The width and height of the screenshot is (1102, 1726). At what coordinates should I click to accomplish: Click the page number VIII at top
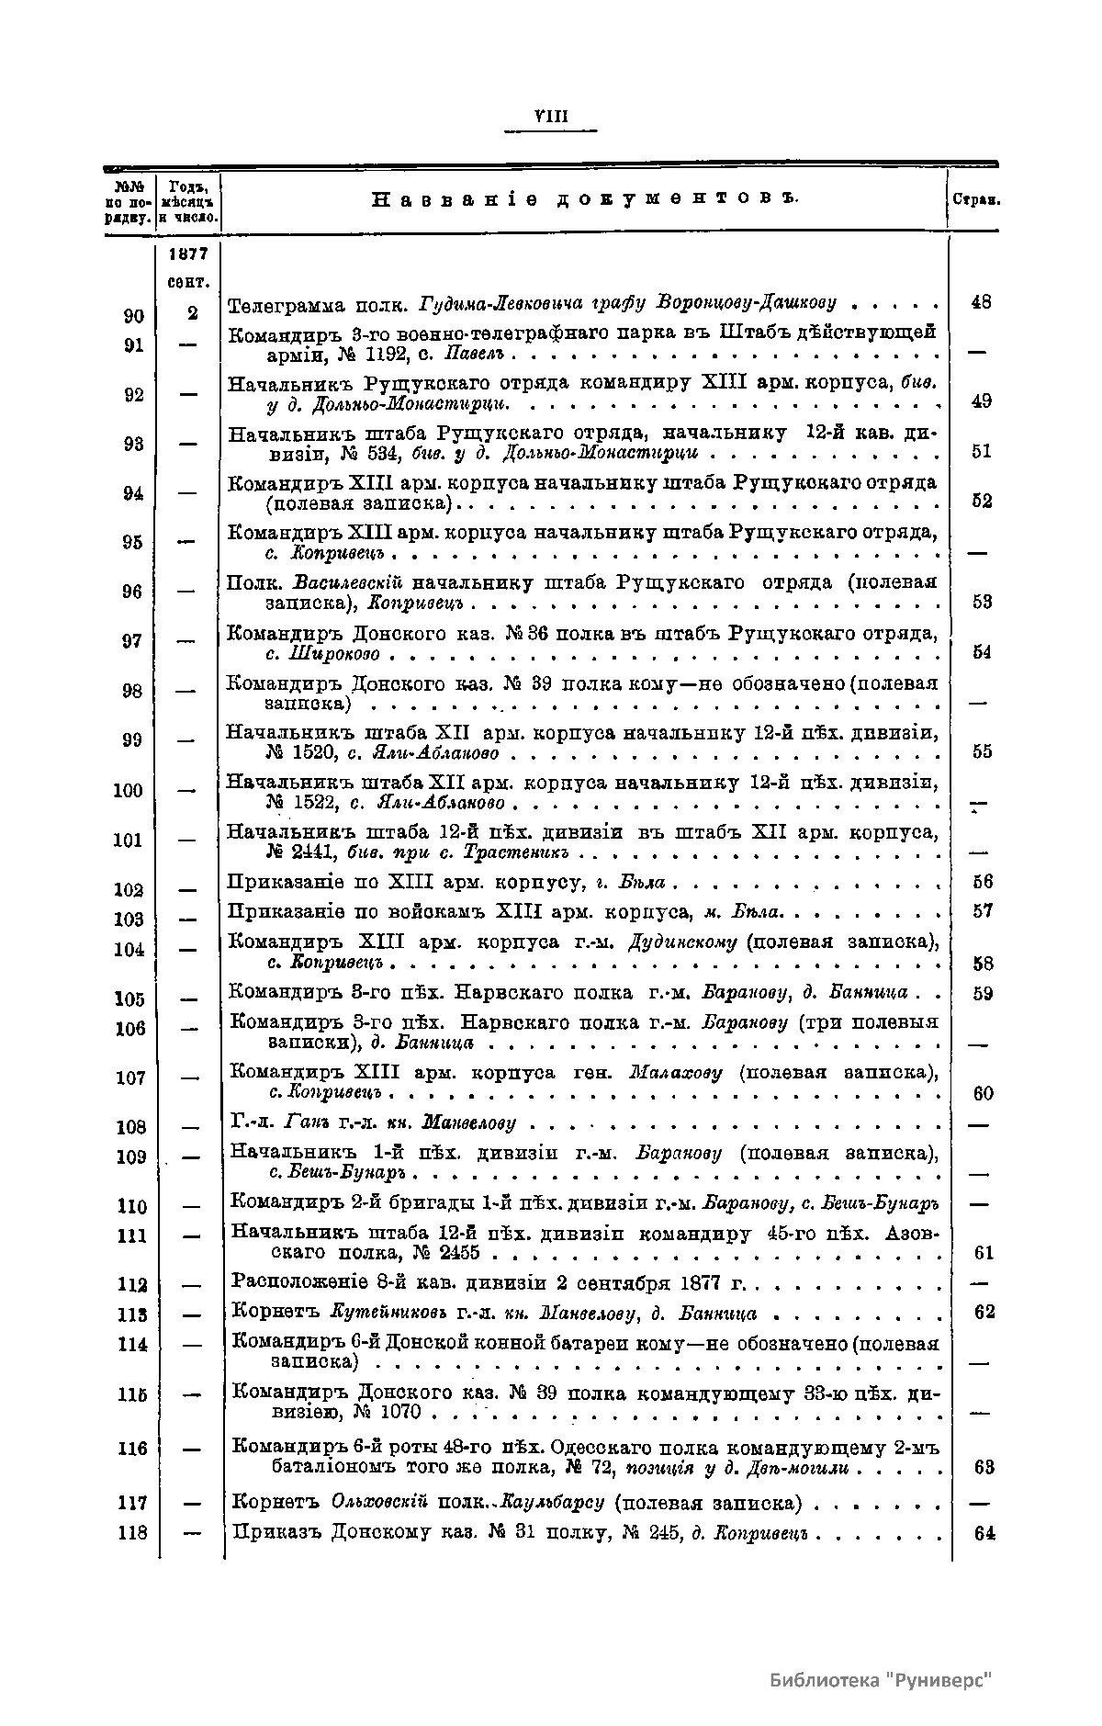pyautogui.click(x=551, y=117)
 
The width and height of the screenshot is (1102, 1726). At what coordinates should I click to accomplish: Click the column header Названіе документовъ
pyautogui.click(x=585, y=198)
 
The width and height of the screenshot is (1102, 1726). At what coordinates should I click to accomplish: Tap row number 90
pyautogui.click(x=134, y=316)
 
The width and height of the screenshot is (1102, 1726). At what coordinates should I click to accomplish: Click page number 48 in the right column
pyautogui.click(x=981, y=301)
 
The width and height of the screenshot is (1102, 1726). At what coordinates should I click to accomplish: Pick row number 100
pyautogui.click(x=128, y=791)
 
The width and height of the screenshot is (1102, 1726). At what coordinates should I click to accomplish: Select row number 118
pyautogui.click(x=133, y=1532)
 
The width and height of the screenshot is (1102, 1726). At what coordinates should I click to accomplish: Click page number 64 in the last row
pyautogui.click(x=984, y=1533)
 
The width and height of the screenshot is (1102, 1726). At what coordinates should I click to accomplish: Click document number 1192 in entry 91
pyautogui.click(x=381, y=354)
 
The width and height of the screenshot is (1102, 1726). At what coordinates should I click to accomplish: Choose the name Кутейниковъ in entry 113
pyautogui.click(x=369, y=1313)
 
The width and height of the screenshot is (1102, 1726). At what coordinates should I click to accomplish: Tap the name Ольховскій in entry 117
pyautogui.click(x=379, y=1503)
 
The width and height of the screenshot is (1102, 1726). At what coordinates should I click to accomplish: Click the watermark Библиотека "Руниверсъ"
pyautogui.click(x=883, y=1680)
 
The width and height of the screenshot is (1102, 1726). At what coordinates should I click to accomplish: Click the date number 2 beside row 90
pyautogui.click(x=193, y=313)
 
